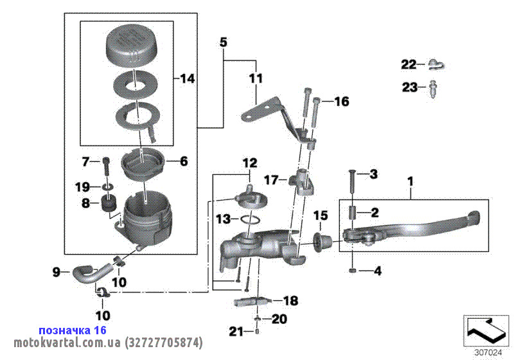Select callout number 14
point(186,79)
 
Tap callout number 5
point(223,43)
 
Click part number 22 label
point(409,64)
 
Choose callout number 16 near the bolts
point(341,102)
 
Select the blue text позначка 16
point(72,329)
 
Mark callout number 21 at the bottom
point(237,332)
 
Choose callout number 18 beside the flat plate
point(290,300)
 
